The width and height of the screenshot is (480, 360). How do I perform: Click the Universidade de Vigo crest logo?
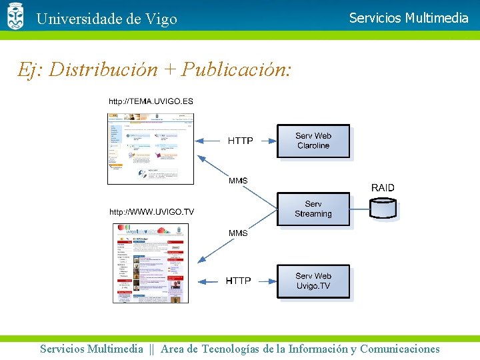click(15, 16)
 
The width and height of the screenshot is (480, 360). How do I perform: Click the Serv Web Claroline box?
click(313, 141)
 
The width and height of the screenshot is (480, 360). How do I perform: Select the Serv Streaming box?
click(313, 209)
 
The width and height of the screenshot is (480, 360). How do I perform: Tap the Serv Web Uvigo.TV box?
click(313, 281)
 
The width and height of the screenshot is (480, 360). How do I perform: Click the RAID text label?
click(383, 188)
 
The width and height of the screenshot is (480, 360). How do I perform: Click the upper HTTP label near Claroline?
click(240, 141)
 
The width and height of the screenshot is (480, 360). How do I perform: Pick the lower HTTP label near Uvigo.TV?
click(238, 281)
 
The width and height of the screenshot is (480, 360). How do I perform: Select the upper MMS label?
click(238, 181)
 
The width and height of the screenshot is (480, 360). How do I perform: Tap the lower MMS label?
click(238, 233)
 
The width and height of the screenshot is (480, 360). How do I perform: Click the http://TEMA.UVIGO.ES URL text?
click(151, 101)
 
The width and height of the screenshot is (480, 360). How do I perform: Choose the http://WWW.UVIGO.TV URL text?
click(151, 212)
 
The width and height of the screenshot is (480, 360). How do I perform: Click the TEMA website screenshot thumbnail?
click(151, 148)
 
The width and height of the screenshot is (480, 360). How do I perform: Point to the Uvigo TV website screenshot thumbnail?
click(151, 263)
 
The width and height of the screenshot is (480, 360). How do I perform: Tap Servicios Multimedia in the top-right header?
click(409, 18)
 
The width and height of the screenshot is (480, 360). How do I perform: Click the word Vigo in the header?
click(160, 19)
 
